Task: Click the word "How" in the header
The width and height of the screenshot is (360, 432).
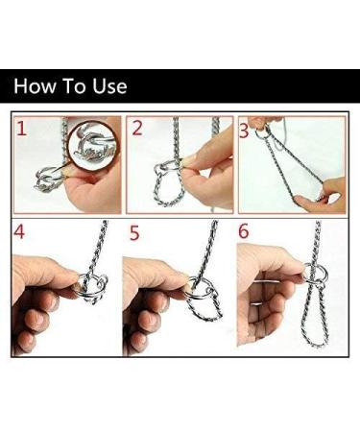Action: coord(35,86)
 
